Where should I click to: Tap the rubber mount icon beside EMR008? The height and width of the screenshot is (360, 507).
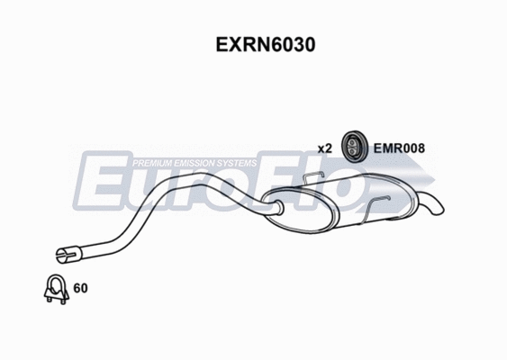click(x=352, y=147)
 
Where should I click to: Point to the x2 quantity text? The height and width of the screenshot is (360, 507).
click(x=325, y=148)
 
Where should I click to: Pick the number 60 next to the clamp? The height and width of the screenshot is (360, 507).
click(x=79, y=289)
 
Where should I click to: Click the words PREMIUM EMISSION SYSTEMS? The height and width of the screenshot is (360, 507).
click(x=194, y=163)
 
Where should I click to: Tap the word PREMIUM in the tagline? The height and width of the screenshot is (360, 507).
click(x=152, y=163)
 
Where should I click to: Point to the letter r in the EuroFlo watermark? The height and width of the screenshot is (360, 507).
click(x=203, y=189)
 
